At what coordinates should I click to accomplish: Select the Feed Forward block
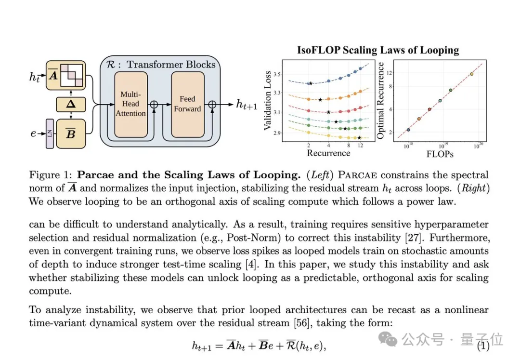click(187, 104)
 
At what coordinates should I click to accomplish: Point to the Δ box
click(71, 104)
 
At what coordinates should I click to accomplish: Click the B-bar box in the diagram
click(71, 133)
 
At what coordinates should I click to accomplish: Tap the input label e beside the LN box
click(33, 133)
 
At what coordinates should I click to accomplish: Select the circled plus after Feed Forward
click(210, 104)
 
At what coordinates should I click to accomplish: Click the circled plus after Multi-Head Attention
click(154, 104)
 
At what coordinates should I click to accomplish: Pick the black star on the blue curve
click(311, 83)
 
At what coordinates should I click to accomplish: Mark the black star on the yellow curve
click(359, 138)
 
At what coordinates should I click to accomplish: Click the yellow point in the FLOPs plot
click(471, 74)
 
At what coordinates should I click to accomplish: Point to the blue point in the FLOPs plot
click(408, 130)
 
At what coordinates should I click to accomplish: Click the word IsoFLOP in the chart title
click(318, 50)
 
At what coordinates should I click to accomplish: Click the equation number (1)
click(483, 346)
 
